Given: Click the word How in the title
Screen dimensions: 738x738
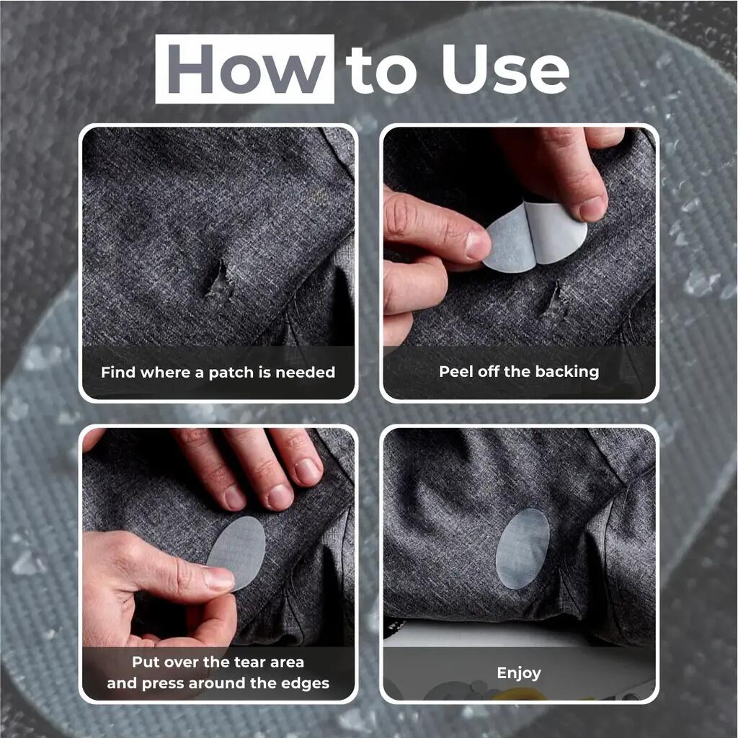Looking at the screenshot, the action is click(245, 68).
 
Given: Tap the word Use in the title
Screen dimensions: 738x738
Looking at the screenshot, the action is click(505, 69).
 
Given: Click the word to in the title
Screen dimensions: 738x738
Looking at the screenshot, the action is click(381, 71).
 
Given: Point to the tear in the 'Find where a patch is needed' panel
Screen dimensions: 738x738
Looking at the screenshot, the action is click(218, 279).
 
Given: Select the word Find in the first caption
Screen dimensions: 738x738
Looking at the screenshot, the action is click(118, 373).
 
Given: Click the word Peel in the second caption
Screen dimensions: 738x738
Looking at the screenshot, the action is click(456, 372).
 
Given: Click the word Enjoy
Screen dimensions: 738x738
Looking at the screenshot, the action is click(519, 674).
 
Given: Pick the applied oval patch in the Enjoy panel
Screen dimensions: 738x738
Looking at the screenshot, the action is click(523, 548).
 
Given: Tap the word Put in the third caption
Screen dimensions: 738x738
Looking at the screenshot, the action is click(146, 662).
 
